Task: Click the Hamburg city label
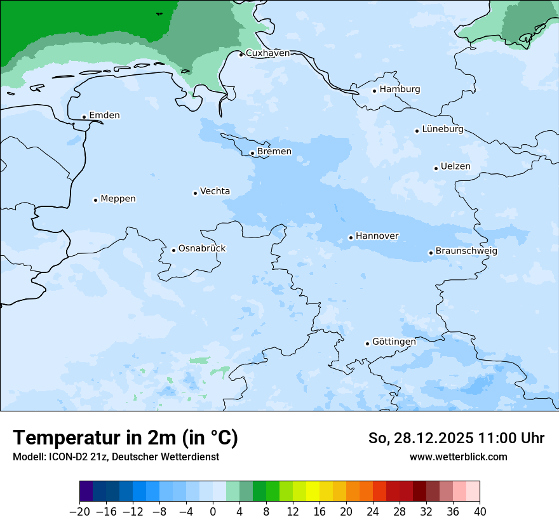[x=400, y=90]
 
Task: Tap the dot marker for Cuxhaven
[x=241, y=55]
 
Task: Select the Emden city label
[x=104, y=116]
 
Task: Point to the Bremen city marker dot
[x=252, y=153]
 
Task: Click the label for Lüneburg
[x=442, y=130]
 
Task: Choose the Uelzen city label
[x=455, y=167]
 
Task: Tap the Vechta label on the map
[x=215, y=191]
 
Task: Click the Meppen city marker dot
[x=95, y=200]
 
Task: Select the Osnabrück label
[x=202, y=248]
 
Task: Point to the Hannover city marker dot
[x=351, y=238]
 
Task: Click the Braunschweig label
[x=466, y=251]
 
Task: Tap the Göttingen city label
[x=394, y=342]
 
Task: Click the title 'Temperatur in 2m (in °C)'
[x=125, y=438]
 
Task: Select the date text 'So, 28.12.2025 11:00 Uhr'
[x=456, y=438]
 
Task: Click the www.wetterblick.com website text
[x=458, y=457]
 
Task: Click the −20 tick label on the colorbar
[x=80, y=512]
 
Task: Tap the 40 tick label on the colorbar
[x=480, y=512]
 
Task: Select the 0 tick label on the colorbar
[x=213, y=512]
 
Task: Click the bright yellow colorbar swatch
[x=313, y=491]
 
